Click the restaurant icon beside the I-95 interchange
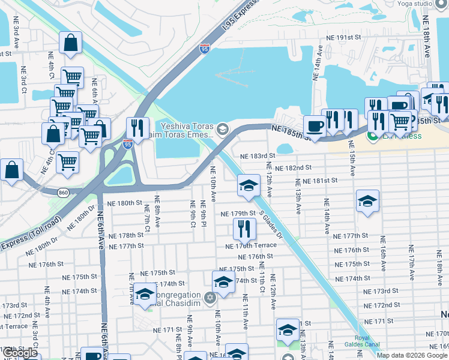tap(137, 127)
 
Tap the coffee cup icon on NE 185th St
tap(315, 126)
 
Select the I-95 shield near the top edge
tap(205, 49)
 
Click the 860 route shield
tap(64, 192)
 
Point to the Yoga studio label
tap(431, 4)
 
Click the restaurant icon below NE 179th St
tap(244, 227)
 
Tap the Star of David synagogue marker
tap(209, 298)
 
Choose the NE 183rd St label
tap(257, 155)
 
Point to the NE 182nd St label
tap(294, 168)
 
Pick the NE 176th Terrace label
tap(251, 246)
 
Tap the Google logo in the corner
tap(20, 352)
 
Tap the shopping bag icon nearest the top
tap(70, 43)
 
